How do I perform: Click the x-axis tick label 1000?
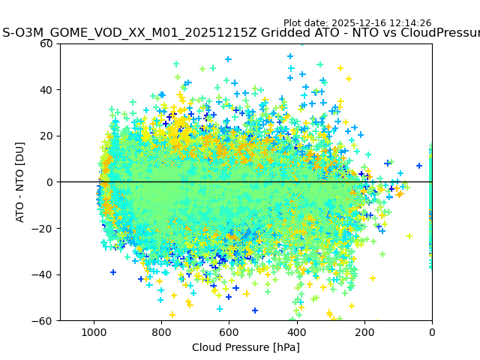coord(94,331)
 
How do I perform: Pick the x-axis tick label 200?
coord(364,331)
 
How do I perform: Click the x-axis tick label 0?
coord(431,331)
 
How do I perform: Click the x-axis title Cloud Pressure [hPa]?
coord(246,347)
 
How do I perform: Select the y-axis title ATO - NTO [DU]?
coord(20,182)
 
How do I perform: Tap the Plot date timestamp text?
coord(357,23)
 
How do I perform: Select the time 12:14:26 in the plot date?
coord(410,23)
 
